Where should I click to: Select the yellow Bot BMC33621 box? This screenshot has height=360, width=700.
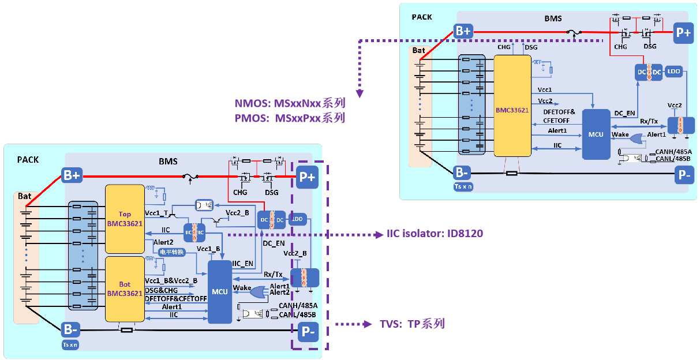(124, 288)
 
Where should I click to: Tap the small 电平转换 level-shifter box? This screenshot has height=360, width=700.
(171, 252)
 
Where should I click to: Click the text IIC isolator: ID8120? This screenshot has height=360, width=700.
(435, 234)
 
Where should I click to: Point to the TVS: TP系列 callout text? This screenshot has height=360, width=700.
(412, 324)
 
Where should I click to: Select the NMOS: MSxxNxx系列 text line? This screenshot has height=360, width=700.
(290, 104)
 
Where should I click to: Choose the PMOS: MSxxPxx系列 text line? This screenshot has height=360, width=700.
(290, 118)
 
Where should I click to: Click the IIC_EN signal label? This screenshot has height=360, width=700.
(242, 264)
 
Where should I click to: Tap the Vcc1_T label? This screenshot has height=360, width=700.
(157, 213)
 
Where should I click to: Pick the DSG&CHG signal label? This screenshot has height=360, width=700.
(162, 290)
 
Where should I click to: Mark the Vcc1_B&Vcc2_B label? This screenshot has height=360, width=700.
(171, 280)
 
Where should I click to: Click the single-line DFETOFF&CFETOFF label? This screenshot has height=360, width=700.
(176, 298)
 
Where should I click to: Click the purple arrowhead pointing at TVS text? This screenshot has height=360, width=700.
(367, 324)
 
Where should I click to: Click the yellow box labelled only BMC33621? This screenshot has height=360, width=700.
(512, 106)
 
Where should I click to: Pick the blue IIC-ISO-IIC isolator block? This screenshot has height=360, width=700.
(194, 231)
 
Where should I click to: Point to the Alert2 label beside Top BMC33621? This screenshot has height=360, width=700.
(163, 242)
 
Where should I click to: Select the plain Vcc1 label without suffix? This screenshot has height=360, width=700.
(545, 90)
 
